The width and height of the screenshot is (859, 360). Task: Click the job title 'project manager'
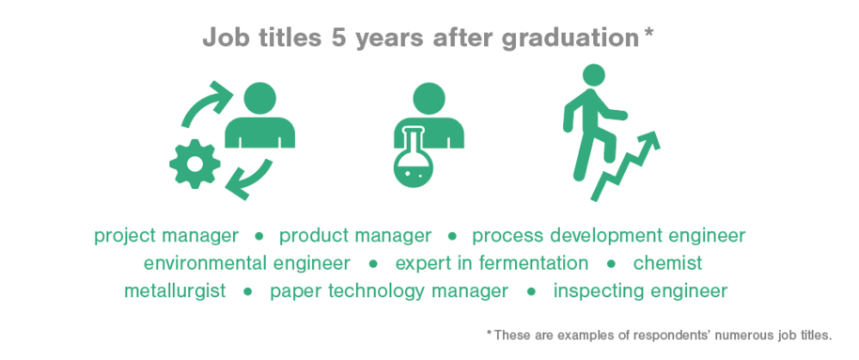click(166, 237)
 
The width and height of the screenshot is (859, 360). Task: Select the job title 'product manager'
click(355, 237)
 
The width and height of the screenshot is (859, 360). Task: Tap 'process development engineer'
click(609, 237)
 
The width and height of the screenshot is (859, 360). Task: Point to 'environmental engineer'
click(247, 263)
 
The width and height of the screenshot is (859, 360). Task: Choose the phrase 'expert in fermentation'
click(492, 263)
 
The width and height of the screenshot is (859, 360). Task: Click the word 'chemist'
click(668, 263)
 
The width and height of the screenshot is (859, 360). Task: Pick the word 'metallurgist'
click(175, 291)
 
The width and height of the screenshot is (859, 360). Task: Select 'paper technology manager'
click(389, 291)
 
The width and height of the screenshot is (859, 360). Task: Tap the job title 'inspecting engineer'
click(640, 291)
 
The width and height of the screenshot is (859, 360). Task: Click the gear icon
click(195, 164)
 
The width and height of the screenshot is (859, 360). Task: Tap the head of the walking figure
click(594, 75)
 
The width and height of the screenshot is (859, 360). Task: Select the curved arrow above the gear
click(205, 102)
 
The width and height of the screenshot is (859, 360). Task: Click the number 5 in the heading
click(339, 39)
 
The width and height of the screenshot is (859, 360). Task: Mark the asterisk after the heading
click(648, 32)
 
